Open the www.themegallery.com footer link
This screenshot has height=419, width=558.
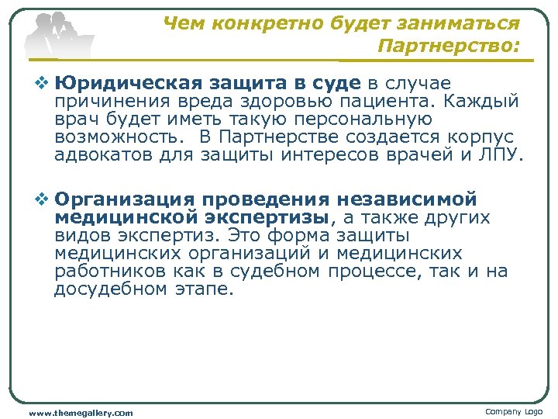(x=81, y=413)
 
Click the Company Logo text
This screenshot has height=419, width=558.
(x=514, y=411)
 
